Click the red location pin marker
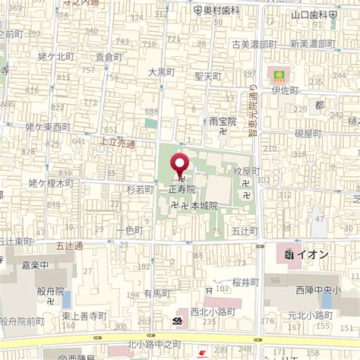tap(180, 165)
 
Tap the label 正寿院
tap(182, 188)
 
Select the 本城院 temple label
tap(204, 206)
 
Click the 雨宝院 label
tap(223, 121)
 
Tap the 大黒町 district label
tap(162, 72)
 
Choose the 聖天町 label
tap(207, 77)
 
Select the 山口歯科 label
tap(314, 14)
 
